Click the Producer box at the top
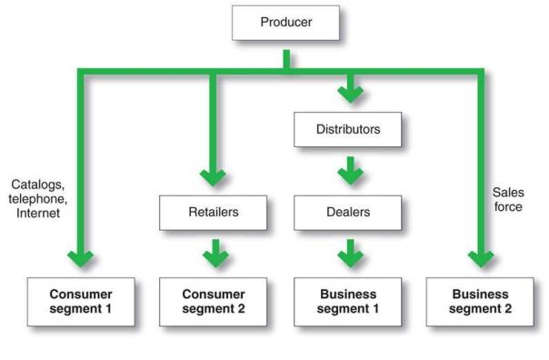coord(286,23)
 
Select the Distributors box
coord(349,129)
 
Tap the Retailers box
coord(215,213)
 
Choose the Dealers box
coord(349,213)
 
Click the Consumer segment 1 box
coord(80,302)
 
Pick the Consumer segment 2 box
coord(215,302)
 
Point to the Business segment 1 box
coord(349,302)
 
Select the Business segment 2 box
coord(481,302)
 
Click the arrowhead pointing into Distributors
coord(349,95)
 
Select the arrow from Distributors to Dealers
coord(349,171)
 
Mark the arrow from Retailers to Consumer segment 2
coord(215,255)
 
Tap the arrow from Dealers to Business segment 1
coord(349,255)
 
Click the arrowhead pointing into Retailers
coord(215,176)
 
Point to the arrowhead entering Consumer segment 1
coord(81,258)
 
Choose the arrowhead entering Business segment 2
coord(481,258)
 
